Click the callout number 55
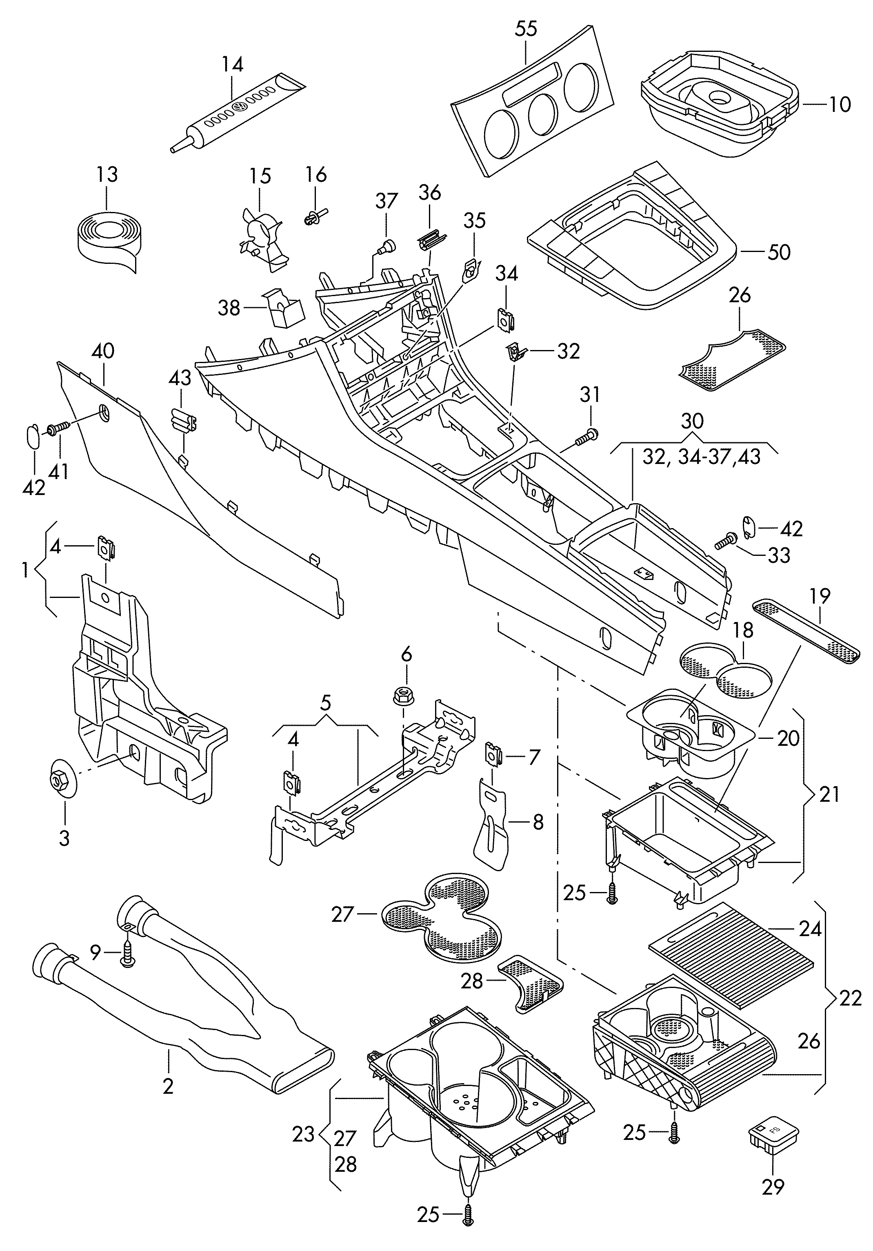(x=526, y=29)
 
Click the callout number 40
(x=103, y=351)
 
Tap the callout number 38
(x=229, y=308)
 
